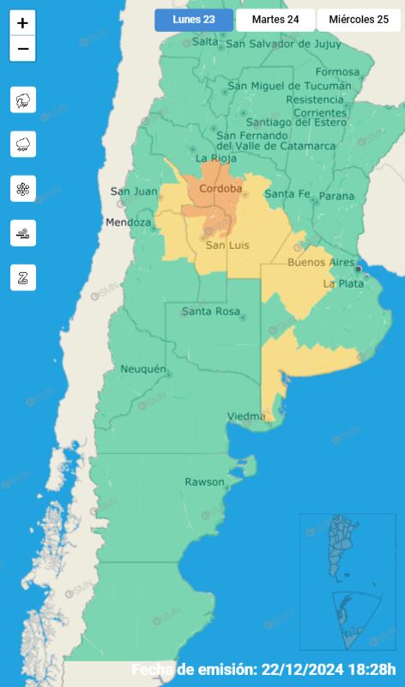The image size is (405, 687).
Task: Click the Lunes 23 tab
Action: tap(193, 20)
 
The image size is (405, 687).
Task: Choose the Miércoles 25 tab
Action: tap(359, 20)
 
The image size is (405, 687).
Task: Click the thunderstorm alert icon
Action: tap(23, 100)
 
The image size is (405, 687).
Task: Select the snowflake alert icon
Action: tap(23, 189)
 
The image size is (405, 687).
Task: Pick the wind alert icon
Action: tap(23, 233)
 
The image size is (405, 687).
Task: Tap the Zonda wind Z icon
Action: tap(23, 277)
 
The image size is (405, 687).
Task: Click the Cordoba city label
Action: tap(221, 189)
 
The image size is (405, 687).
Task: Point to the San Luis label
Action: tap(227, 246)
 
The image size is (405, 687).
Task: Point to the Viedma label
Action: tap(245, 416)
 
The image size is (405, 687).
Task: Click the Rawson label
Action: tap(204, 482)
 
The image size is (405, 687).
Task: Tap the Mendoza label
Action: tap(128, 223)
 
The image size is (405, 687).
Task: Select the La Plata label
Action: tap(342, 283)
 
